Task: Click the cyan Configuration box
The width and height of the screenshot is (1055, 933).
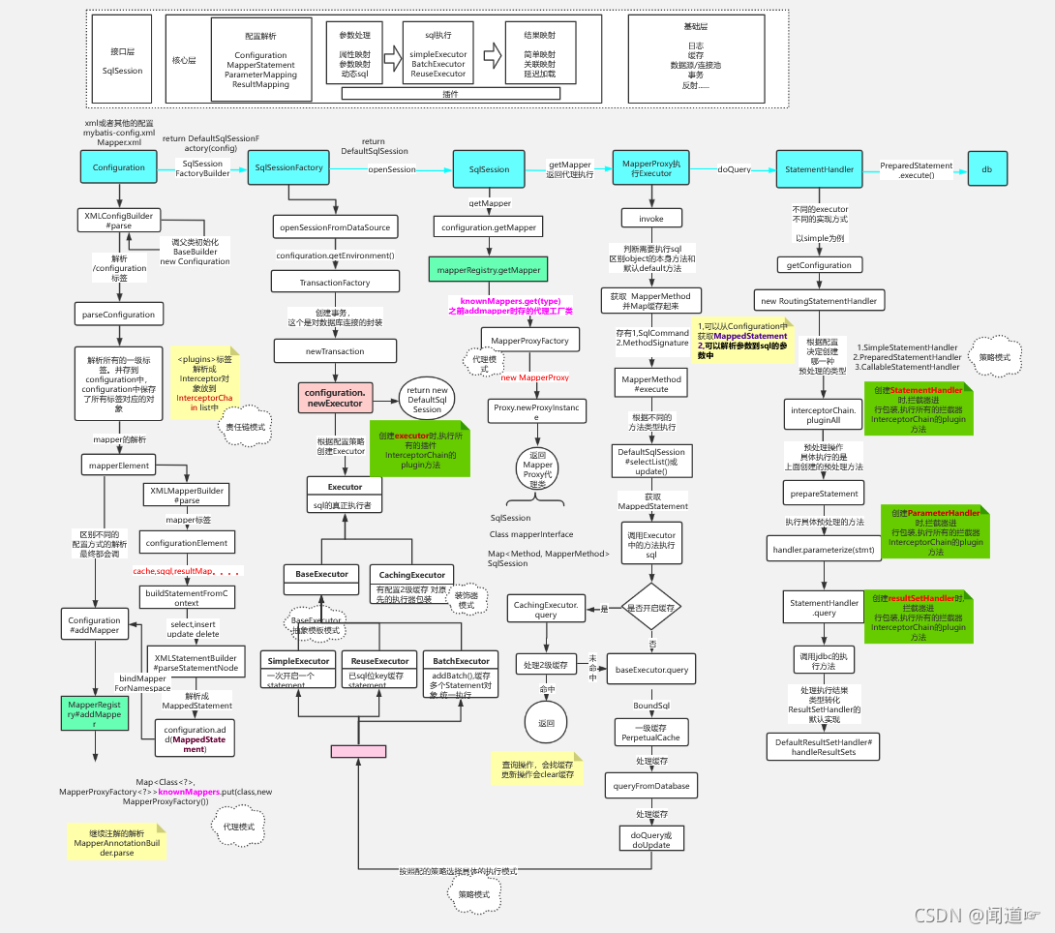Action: pyautogui.click(x=119, y=167)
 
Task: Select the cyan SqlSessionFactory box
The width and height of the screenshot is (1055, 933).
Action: pyautogui.click(x=288, y=167)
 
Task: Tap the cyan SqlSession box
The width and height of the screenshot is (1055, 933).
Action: pyautogui.click(x=489, y=168)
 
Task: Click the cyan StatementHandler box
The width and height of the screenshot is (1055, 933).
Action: pyautogui.click(x=819, y=168)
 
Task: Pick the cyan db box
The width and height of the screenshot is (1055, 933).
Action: pyautogui.click(x=987, y=168)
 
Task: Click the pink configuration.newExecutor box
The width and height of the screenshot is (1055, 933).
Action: pyautogui.click(x=335, y=397)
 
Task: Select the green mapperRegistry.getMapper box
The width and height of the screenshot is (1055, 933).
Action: pyautogui.click(x=484, y=270)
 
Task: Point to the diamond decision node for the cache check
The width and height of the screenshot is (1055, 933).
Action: pyautogui.click(x=652, y=608)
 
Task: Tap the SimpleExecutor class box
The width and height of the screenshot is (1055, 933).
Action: pyautogui.click(x=298, y=668)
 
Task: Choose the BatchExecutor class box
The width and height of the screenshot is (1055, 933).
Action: pyautogui.click(x=460, y=668)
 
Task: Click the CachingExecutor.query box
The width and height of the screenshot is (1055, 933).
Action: pyautogui.click(x=546, y=609)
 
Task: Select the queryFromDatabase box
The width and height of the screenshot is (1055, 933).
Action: pyautogui.click(x=651, y=786)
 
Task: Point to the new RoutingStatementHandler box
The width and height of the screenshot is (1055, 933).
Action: pyautogui.click(x=819, y=300)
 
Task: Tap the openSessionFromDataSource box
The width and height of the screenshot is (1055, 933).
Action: pyautogui.click(x=335, y=227)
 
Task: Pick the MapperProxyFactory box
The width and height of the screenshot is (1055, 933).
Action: pyautogui.click(x=529, y=341)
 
